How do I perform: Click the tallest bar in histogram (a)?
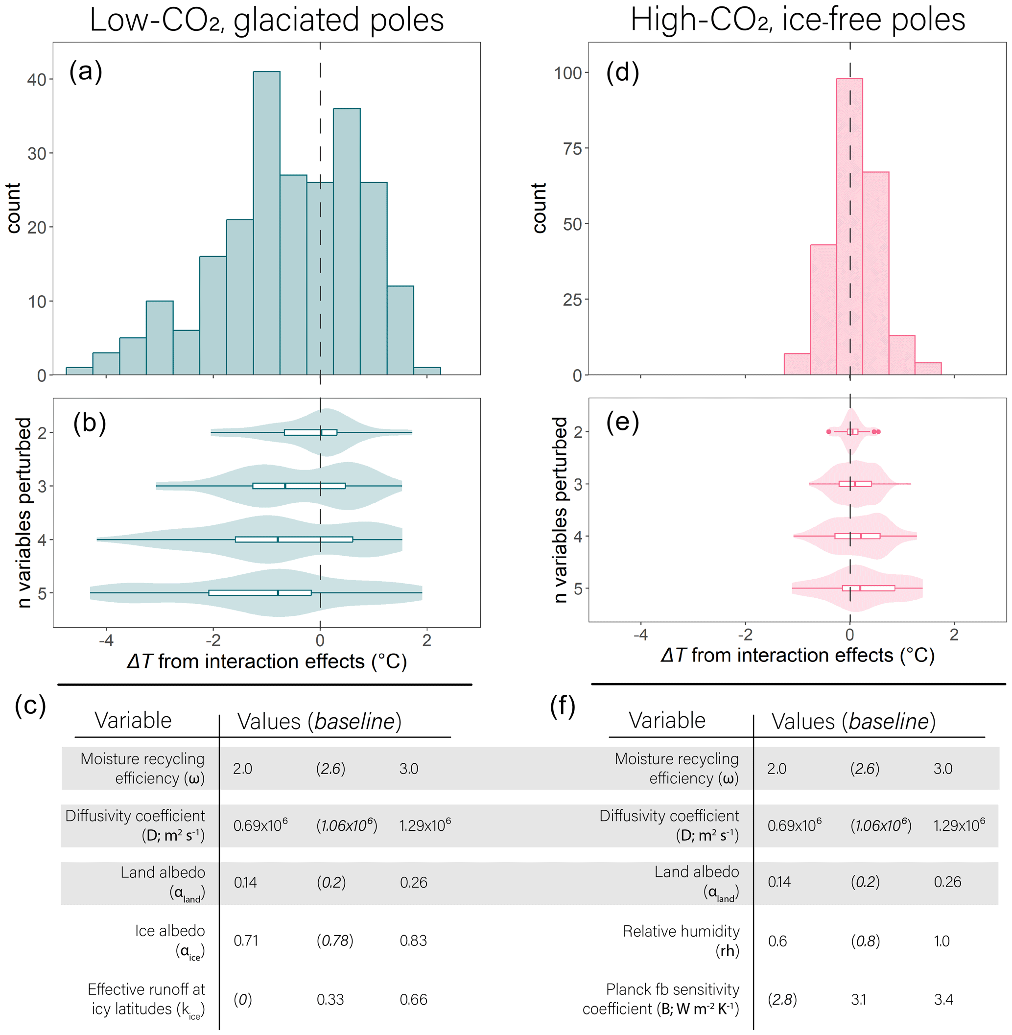(x=266, y=223)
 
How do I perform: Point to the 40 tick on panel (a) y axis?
(x=37, y=80)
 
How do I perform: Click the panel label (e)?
(x=622, y=423)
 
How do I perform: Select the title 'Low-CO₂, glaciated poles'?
(x=266, y=20)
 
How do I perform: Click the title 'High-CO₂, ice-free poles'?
(x=797, y=20)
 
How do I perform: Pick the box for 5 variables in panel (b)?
(x=260, y=593)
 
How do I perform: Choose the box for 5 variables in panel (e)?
(x=869, y=588)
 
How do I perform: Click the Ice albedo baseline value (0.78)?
(x=335, y=941)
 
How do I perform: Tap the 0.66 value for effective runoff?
(x=413, y=999)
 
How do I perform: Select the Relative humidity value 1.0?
(x=941, y=941)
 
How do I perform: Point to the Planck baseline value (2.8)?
(x=782, y=999)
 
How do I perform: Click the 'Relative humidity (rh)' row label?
(x=681, y=941)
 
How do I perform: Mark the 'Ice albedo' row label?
(x=169, y=941)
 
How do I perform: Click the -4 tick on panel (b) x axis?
(x=106, y=640)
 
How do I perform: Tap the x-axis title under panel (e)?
(x=797, y=656)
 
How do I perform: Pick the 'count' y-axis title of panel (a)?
(x=13, y=208)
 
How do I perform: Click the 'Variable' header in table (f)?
(x=667, y=721)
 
